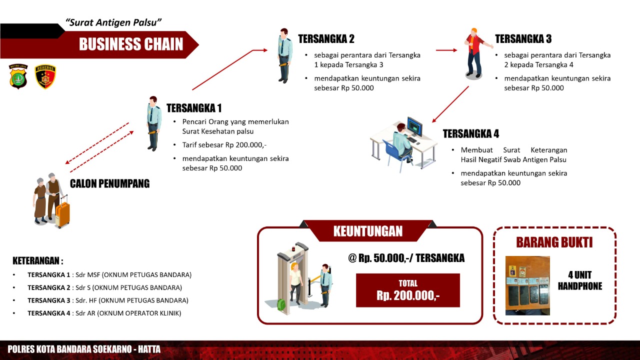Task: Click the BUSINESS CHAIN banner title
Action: [131, 44]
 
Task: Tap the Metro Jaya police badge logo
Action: [18, 76]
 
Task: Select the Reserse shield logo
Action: [45, 76]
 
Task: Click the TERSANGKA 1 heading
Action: [194, 108]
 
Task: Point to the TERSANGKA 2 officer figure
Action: [284, 55]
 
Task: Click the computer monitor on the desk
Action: [415, 126]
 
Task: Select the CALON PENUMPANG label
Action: [109, 183]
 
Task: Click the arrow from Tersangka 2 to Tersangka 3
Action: [446, 50]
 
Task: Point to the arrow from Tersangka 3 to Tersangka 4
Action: [450, 104]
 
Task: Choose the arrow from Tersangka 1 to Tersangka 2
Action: [229, 69]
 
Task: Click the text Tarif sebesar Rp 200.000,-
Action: [224, 145]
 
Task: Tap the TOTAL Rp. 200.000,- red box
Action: [407, 290]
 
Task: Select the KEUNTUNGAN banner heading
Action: [368, 231]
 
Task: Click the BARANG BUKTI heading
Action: [554, 242]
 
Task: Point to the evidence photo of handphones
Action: [527, 285]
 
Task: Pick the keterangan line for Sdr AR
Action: [104, 313]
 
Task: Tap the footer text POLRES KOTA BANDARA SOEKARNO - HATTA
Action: [84, 349]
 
